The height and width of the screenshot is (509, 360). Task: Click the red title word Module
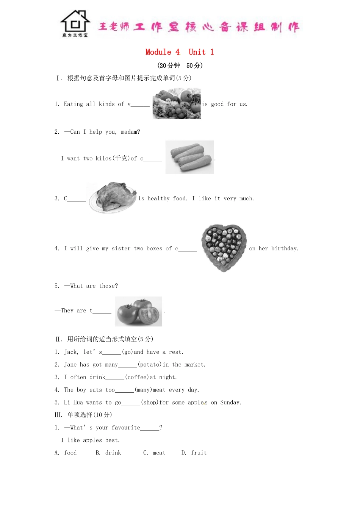coord(158,52)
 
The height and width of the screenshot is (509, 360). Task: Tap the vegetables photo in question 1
coord(177,103)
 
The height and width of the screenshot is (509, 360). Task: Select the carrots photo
coord(189,157)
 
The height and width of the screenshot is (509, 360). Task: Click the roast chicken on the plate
coord(113,197)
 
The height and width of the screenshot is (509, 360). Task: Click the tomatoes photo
coord(138,311)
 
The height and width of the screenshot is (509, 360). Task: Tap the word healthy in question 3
coord(158,198)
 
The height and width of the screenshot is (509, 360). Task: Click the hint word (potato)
coord(150,365)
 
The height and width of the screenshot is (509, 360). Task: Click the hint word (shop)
coord(149,403)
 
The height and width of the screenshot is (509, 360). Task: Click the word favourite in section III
coord(126,428)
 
